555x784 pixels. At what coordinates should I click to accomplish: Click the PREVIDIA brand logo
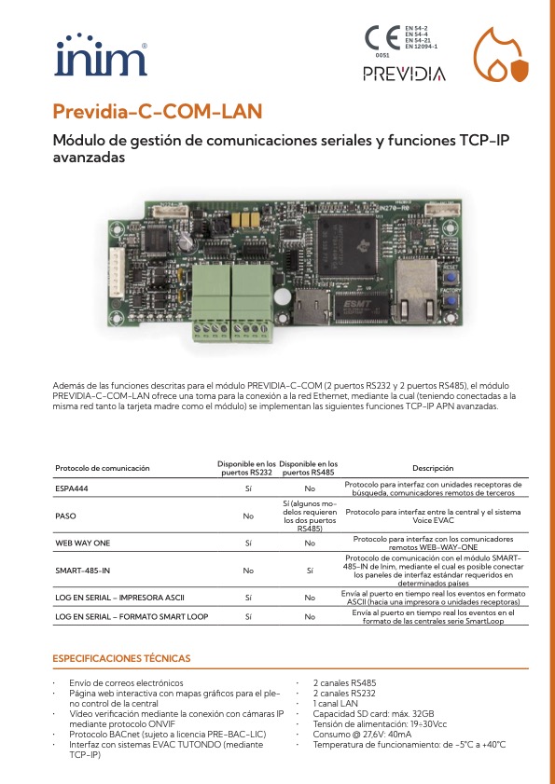click(x=404, y=74)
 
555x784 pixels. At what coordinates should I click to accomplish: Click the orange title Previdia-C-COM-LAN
click(x=157, y=113)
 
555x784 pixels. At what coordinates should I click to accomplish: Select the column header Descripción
click(x=433, y=468)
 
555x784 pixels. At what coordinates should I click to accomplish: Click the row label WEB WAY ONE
click(x=83, y=542)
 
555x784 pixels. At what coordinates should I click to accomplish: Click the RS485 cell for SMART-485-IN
click(x=310, y=569)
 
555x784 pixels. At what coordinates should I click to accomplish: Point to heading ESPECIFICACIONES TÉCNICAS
click(x=121, y=658)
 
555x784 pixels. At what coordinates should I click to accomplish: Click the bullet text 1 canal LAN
click(x=339, y=703)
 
